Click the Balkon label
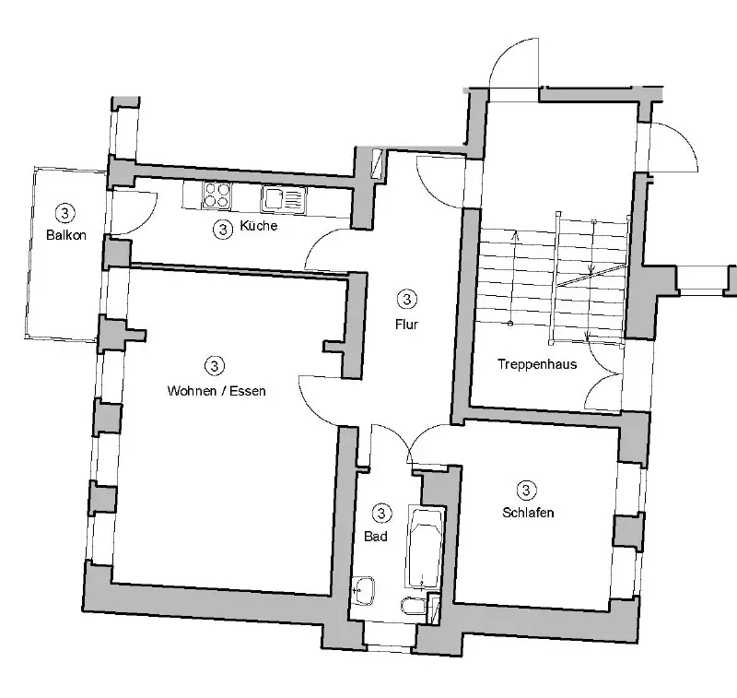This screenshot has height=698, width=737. [65, 235]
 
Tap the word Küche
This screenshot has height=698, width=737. [258, 227]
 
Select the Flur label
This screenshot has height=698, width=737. [408, 324]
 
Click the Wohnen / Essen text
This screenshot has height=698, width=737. [216, 390]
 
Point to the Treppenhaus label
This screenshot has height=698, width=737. [537, 363]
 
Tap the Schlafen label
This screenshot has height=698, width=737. [528, 513]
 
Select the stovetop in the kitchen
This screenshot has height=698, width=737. [218, 195]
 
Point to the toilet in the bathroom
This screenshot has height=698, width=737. [412, 606]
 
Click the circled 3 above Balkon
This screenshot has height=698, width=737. [64, 213]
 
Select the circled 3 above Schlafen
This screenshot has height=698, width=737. [527, 490]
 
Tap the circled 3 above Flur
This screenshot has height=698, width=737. [407, 299]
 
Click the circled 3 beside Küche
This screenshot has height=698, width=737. [222, 229]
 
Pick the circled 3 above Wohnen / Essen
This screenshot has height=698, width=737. [216, 365]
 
